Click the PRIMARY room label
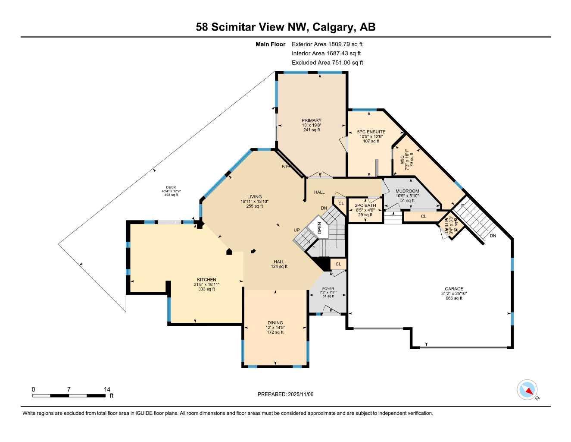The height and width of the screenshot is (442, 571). (312, 121)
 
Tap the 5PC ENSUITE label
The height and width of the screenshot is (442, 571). (371, 132)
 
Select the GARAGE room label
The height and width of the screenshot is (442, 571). (454, 289)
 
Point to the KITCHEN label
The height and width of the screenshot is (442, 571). (206, 280)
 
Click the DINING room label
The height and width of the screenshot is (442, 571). (275, 323)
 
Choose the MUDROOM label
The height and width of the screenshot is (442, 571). (407, 191)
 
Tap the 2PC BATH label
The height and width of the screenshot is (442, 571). (365, 205)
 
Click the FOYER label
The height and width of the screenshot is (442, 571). (328, 289)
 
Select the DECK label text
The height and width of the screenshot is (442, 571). (171, 187)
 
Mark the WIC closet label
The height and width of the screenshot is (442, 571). (402, 160)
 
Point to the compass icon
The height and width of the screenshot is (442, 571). (527, 390)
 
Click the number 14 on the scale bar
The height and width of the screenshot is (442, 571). (107, 389)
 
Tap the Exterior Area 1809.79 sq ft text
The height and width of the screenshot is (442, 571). (327, 44)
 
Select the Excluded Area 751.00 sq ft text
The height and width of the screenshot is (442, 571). (327, 63)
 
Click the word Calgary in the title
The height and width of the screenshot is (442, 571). (333, 27)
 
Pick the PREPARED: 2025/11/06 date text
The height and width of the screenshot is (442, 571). (289, 394)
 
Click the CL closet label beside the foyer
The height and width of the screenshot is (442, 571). (338, 264)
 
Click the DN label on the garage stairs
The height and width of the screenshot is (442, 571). (493, 236)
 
